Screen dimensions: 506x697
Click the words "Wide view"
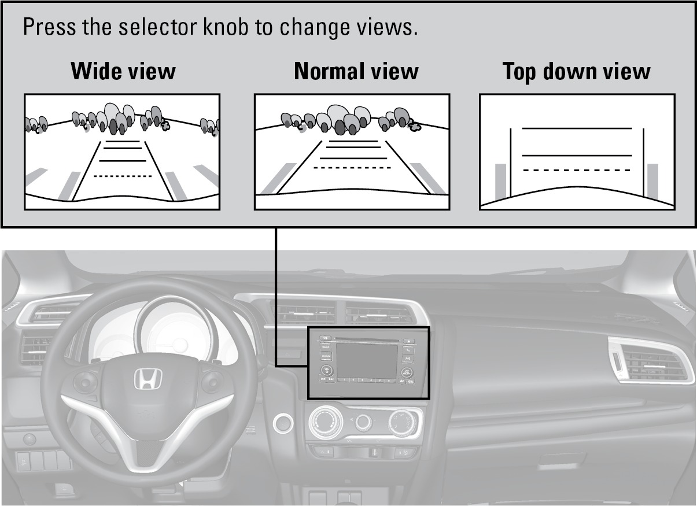pos(123,71)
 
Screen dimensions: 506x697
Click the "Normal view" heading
pos(356,71)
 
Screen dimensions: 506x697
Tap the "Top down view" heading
pos(576,71)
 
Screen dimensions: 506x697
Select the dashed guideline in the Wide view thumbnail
pos(123,175)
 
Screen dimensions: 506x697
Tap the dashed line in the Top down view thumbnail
pos(576,170)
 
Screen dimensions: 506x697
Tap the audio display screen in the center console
pos(368,360)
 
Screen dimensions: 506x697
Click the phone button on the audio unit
pos(409,350)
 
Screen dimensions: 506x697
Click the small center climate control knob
pos(363,423)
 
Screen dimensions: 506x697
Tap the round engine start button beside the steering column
pos(282,424)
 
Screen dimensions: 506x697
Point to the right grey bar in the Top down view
pos(652,181)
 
